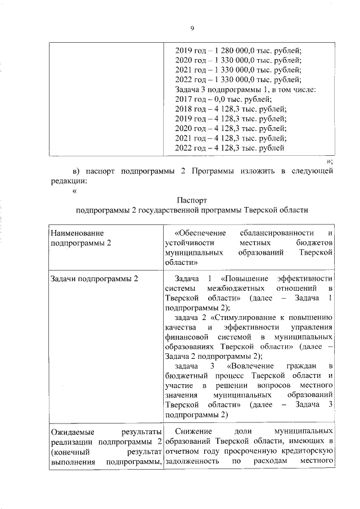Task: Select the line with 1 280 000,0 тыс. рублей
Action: [x=239, y=50]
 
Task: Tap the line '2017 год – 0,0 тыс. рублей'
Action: [x=223, y=99]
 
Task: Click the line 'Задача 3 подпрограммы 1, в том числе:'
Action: [x=246, y=89]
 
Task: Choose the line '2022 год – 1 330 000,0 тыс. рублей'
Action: [x=239, y=79]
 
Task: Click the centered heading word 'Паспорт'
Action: [x=192, y=200]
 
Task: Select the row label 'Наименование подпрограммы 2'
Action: [x=81, y=237]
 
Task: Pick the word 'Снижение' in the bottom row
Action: [x=191, y=430]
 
